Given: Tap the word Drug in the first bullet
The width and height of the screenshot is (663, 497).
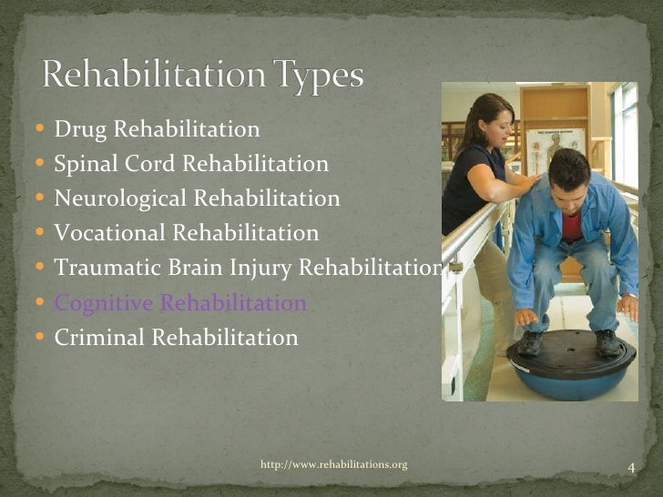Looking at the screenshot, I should click(76, 130).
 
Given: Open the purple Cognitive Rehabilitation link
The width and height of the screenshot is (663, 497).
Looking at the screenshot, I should click(180, 303).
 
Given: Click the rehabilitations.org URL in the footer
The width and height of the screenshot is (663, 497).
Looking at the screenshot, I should click(333, 465).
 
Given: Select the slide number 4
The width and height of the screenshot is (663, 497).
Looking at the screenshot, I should click(630, 469).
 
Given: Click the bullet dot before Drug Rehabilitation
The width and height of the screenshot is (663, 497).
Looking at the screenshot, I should click(46, 130).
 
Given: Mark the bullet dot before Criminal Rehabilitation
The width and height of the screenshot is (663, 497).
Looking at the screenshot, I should click(46, 338).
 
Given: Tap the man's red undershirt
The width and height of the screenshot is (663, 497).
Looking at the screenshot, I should click(571, 224).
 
